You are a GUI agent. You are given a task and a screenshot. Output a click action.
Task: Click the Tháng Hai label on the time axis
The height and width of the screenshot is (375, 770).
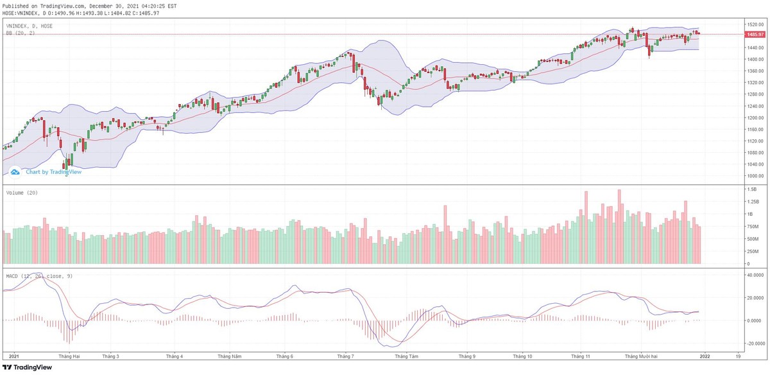coord(69,356)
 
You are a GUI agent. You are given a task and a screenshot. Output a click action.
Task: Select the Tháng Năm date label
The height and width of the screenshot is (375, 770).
coord(229,356)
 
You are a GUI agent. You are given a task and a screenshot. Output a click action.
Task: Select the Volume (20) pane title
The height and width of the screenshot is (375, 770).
coord(22,193)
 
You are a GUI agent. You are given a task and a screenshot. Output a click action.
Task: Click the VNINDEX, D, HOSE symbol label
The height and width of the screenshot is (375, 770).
coord(29,26)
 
